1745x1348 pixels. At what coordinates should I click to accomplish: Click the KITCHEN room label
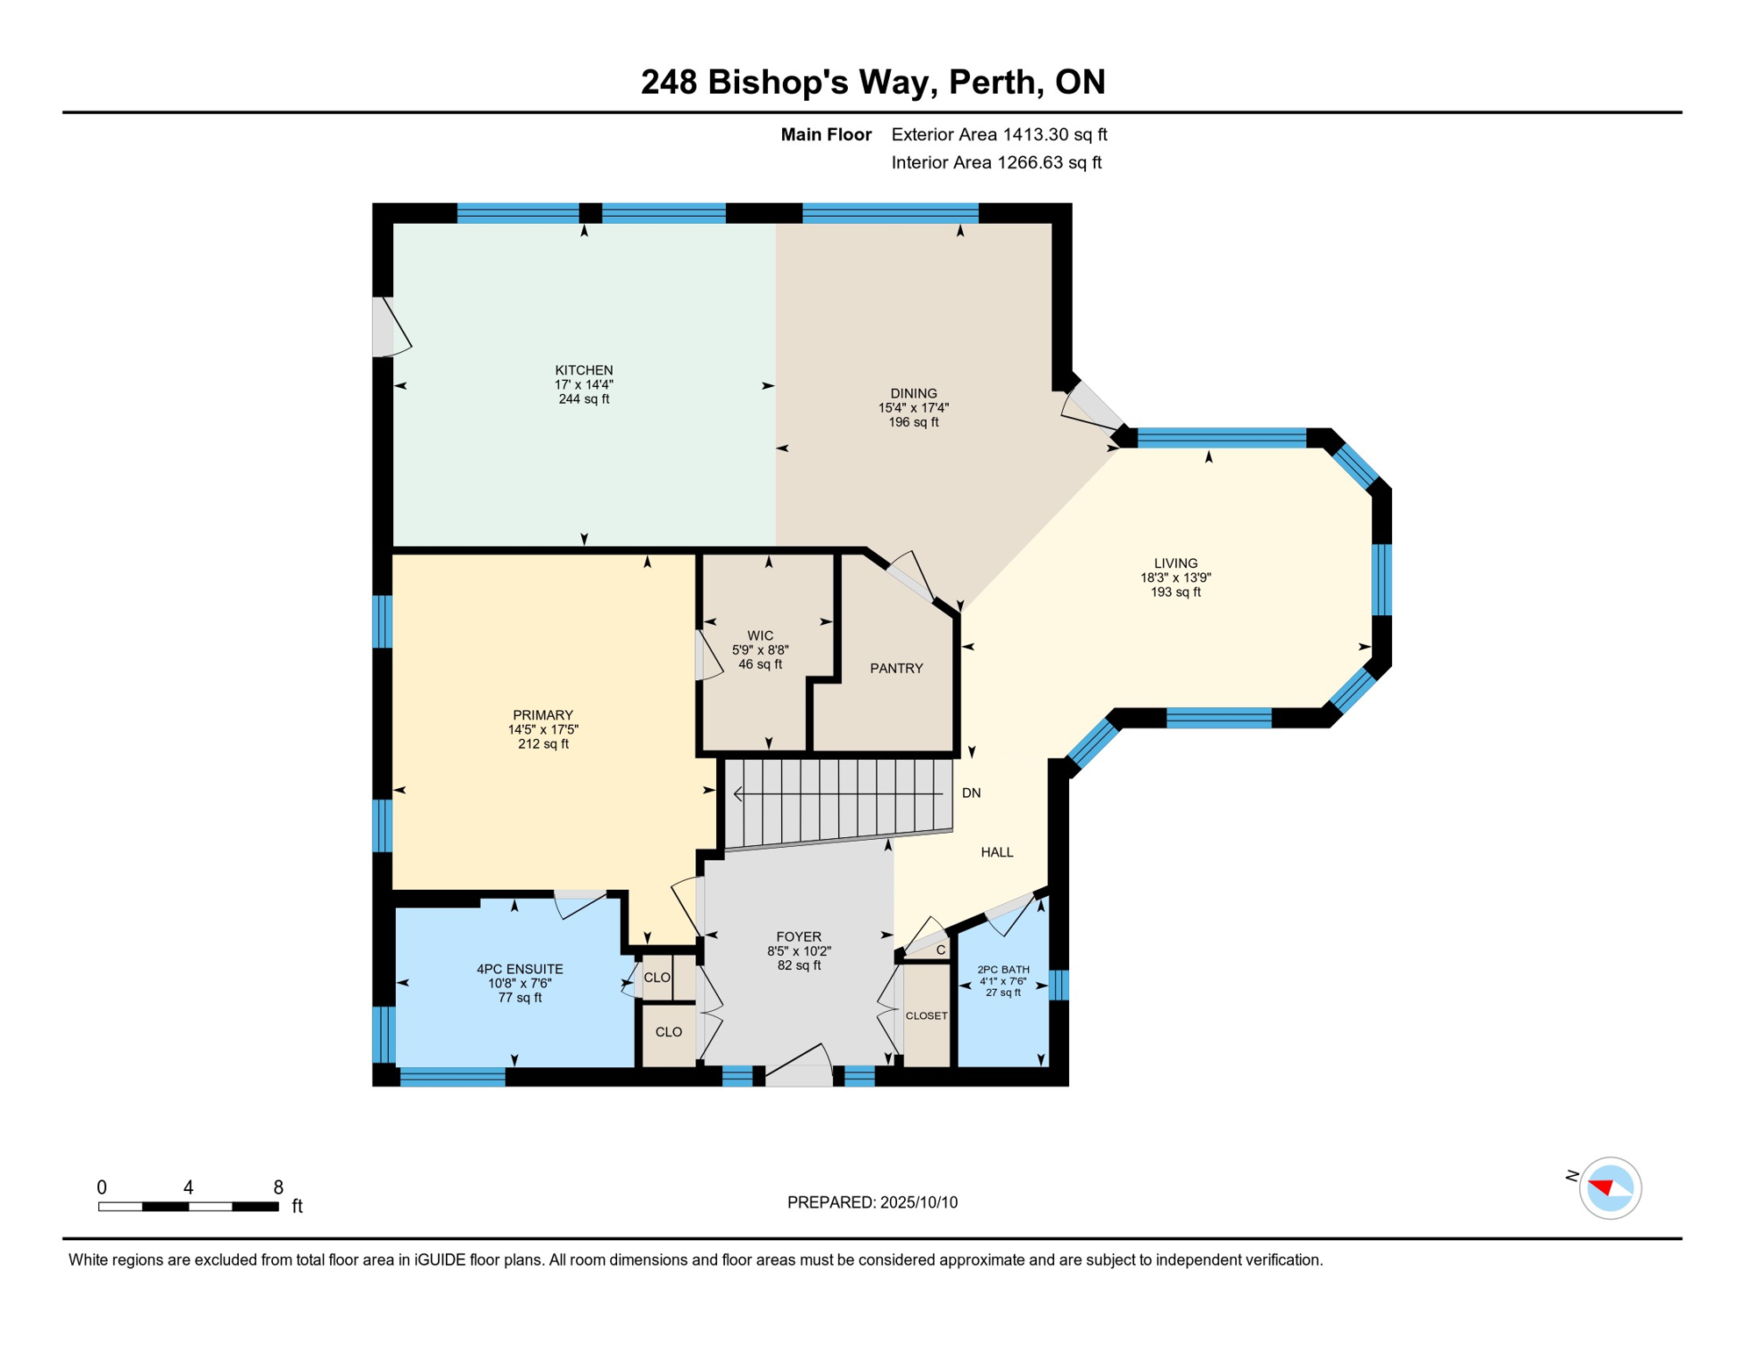[584, 370]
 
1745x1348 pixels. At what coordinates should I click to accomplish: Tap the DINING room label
[913, 393]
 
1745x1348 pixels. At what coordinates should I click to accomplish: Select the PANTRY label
[896, 669]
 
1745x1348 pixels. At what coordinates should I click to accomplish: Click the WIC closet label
[760, 635]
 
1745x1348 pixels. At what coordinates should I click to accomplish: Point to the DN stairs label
[971, 793]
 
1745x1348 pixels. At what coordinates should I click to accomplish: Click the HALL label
[996, 852]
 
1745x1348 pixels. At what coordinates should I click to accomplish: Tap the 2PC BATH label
[1002, 970]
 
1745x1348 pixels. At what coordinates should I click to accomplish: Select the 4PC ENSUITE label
[520, 969]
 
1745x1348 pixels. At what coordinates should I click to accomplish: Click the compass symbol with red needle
[1609, 1188]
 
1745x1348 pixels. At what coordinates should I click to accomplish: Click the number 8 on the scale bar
[278, 1187]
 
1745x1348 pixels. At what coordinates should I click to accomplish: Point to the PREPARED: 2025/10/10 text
[872, 1202]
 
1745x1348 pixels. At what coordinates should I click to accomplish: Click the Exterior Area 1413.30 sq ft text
[999, 134]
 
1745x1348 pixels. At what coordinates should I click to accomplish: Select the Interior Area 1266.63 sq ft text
[996, 162]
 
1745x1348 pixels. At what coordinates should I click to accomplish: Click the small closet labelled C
[940, 950]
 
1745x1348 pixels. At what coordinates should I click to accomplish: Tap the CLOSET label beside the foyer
[926, 1015]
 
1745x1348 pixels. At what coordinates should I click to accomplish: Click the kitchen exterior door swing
[391, 326]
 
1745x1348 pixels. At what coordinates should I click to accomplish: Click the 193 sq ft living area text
[1174, 592]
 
